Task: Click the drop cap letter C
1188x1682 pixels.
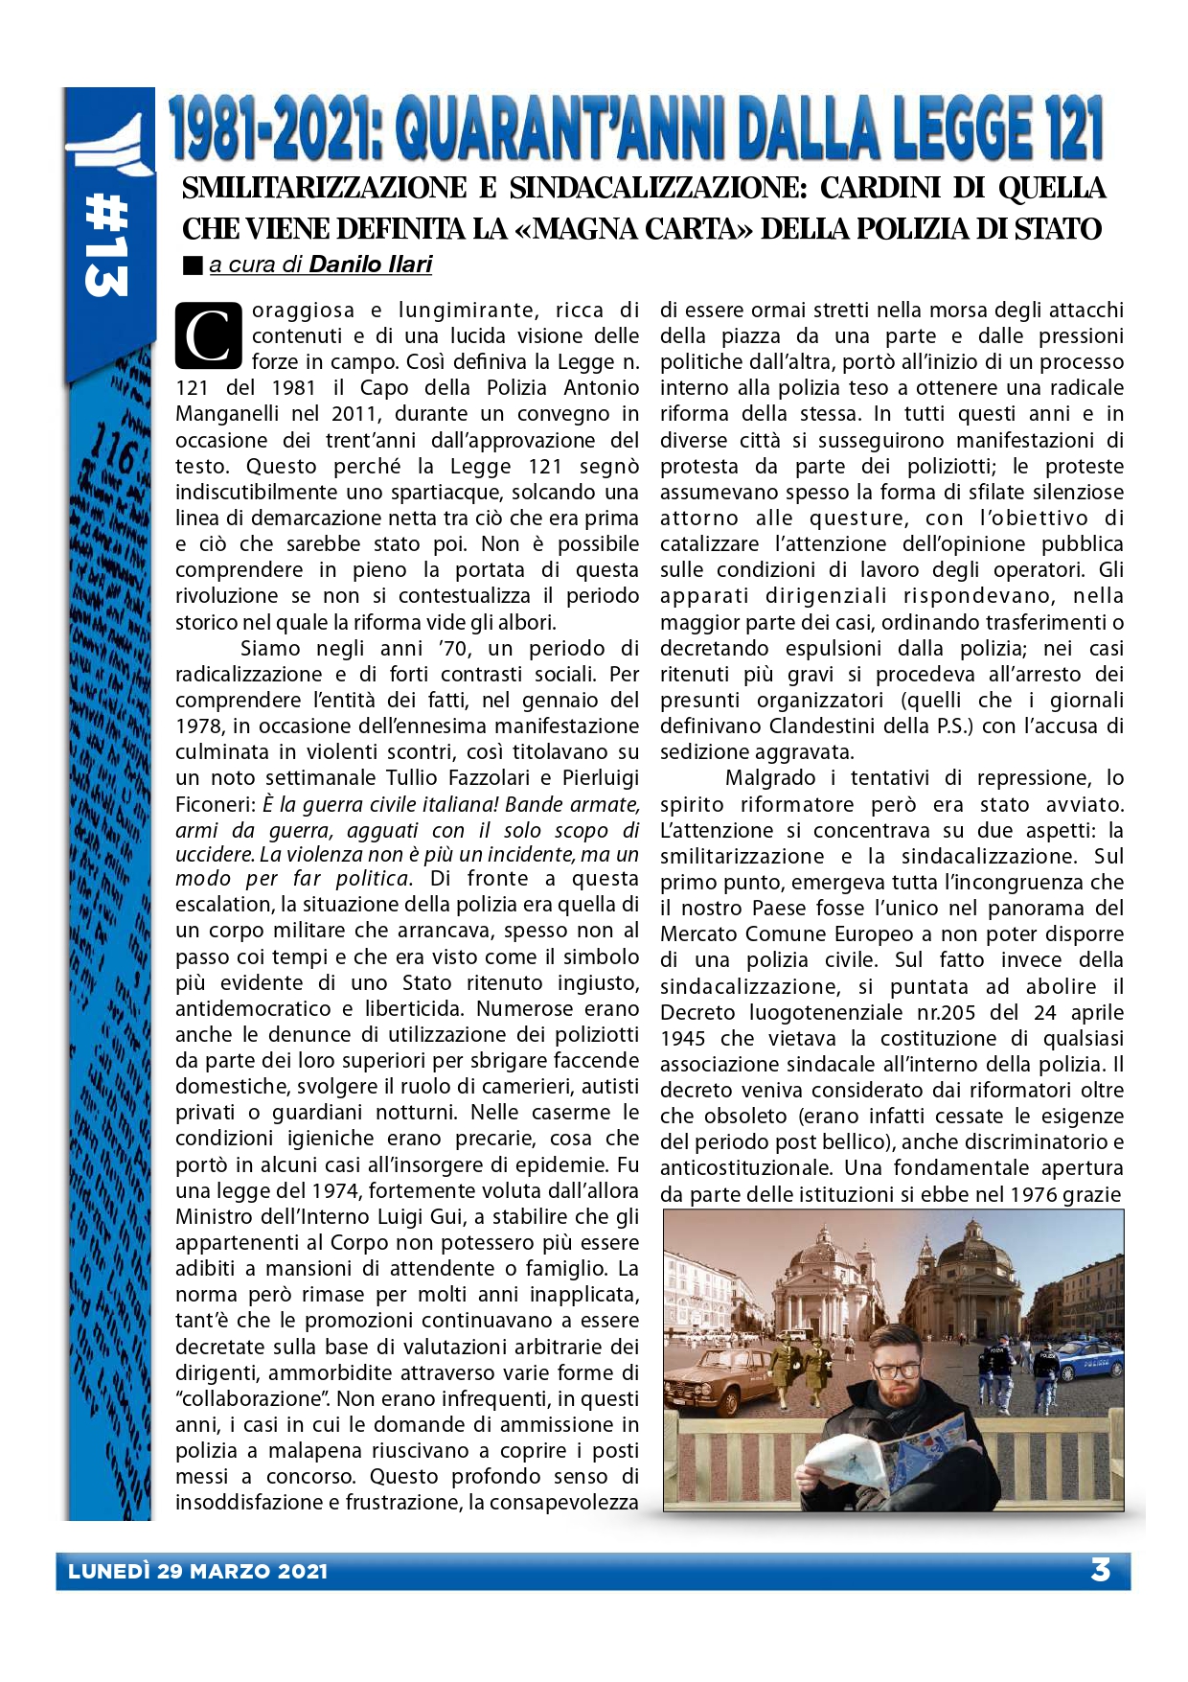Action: pos(207,335)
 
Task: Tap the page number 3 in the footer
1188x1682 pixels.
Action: pos(1100,1570)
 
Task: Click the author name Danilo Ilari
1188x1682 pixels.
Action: pos(371,265)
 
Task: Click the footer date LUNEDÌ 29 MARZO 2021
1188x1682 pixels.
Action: pos(198,1572)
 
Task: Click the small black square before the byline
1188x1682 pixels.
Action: pos(193,265)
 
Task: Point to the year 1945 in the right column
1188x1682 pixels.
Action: pos(682,1038)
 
